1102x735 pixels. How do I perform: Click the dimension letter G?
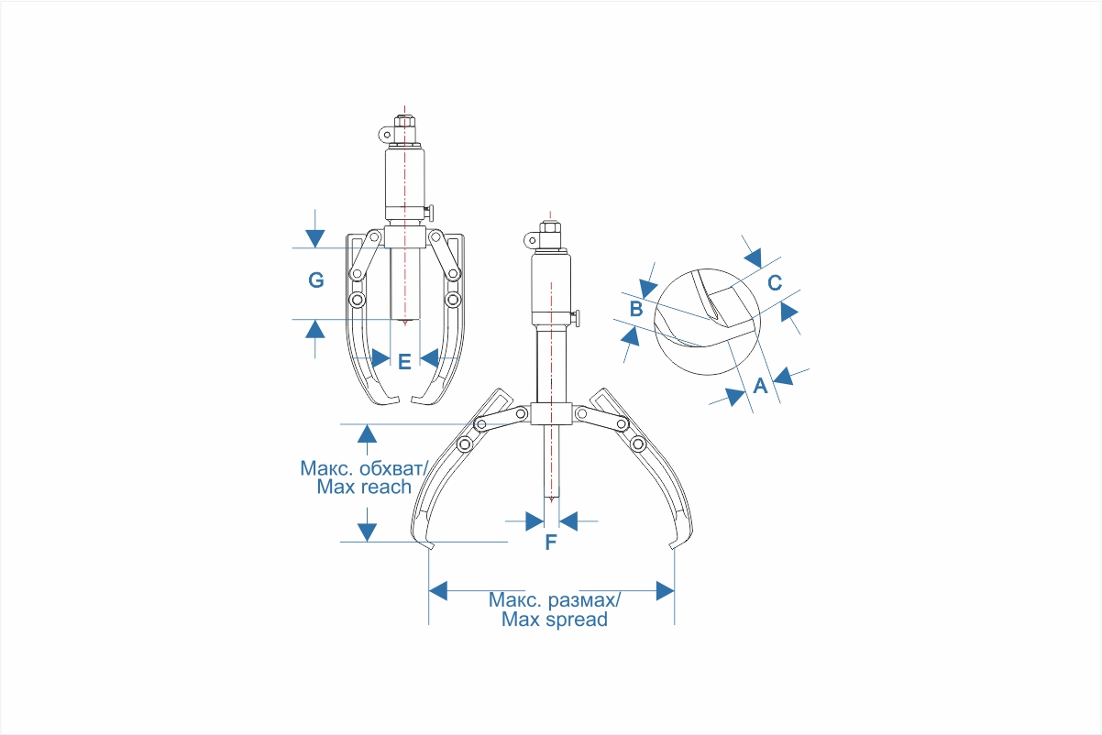(316, 280)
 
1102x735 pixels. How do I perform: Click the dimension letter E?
(404, 362)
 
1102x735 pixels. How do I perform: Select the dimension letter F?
(550, 542)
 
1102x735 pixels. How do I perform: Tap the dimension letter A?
(760, 386)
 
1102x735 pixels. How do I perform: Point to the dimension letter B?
(636, 309)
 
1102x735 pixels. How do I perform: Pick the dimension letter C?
(775, 282)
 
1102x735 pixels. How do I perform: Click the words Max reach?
(364, 487)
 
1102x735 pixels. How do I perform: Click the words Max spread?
(555, 620)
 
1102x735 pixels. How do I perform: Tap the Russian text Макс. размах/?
(555, 599)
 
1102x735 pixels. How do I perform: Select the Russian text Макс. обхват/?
(364, 468)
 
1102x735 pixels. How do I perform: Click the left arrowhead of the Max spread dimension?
(438, 590)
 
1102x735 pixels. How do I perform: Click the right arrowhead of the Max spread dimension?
(665, 590)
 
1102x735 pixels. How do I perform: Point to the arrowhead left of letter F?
(534, 521)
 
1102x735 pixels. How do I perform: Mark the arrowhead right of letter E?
(429, 358)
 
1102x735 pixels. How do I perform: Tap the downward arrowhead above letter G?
(314, 238)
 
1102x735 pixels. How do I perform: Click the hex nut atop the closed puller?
(404, 122)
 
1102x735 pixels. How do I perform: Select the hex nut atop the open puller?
(550, 228)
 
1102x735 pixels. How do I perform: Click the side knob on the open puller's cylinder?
(576, 318)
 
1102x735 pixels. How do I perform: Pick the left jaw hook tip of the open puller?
(429, 545)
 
